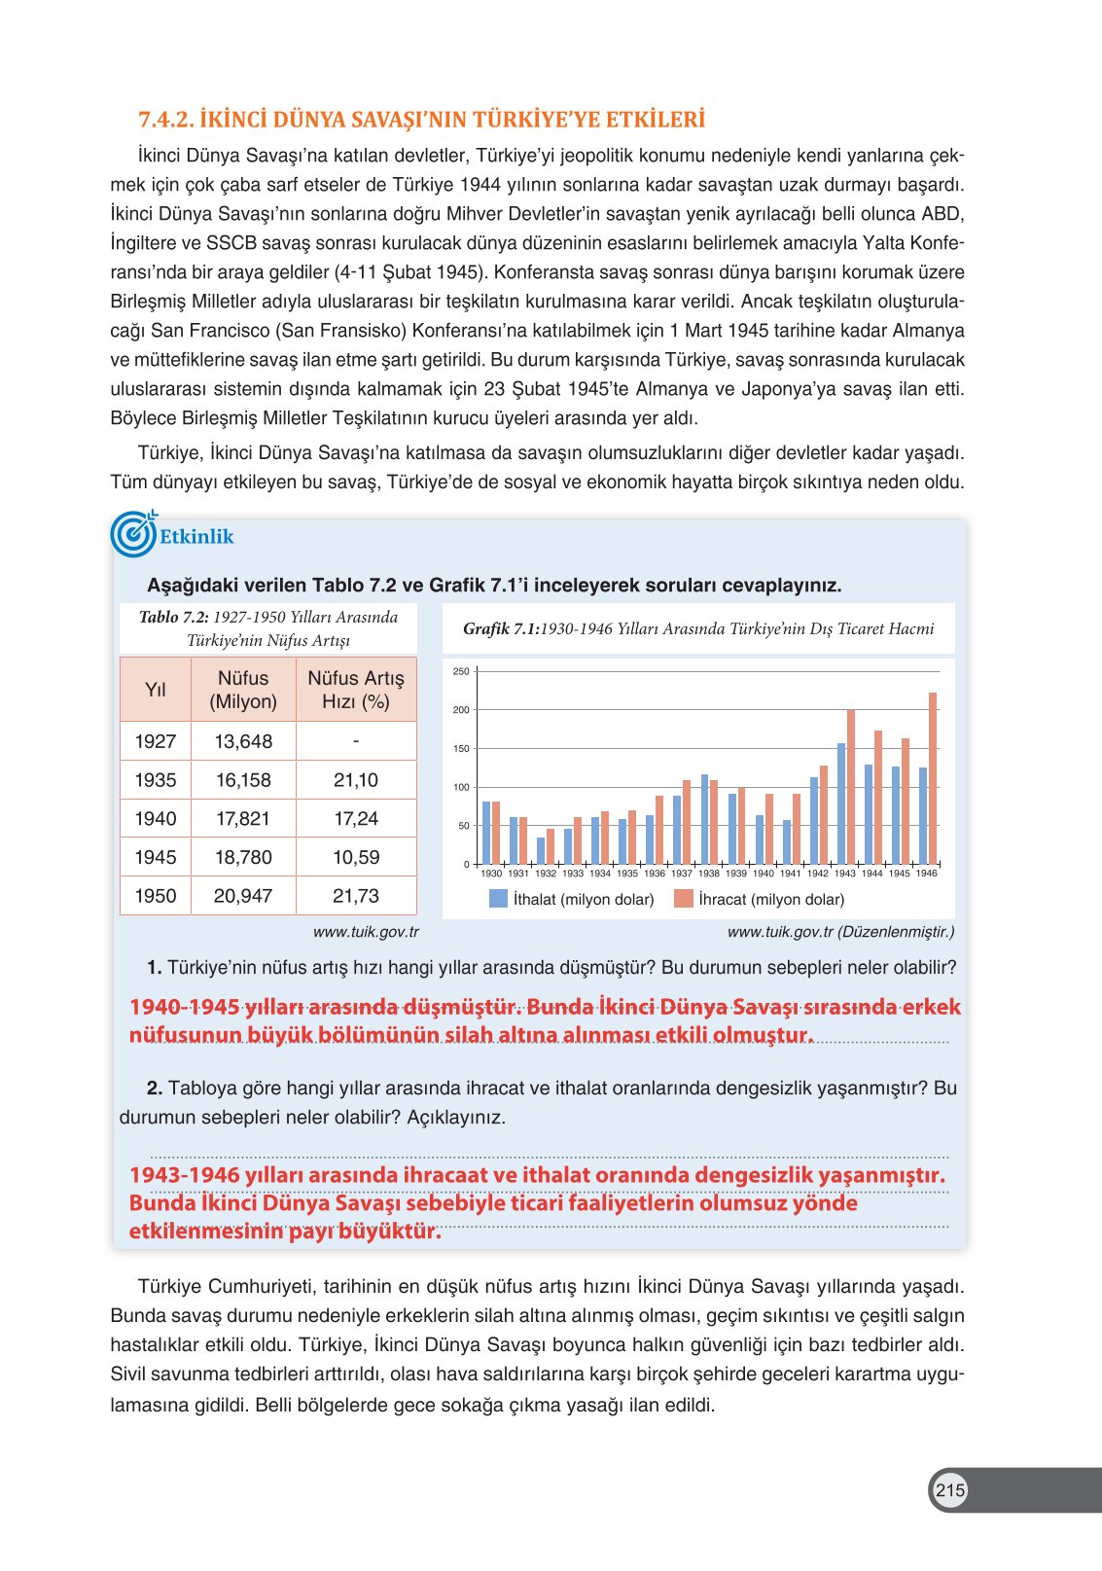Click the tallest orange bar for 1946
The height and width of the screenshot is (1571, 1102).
[x=933, y=778]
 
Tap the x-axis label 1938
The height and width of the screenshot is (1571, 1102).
[x=709, y=874]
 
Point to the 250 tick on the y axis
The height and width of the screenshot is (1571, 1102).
[x=461, y=672]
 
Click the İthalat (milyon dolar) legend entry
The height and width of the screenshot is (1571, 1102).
[x=571, y=900]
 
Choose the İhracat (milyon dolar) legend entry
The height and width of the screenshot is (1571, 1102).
[x=759, y=900]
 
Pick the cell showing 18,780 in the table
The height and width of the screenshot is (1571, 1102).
[x=243, y=857]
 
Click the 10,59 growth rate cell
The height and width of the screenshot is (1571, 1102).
[x=356, y=857]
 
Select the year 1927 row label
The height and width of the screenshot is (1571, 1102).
[x=156, y=741]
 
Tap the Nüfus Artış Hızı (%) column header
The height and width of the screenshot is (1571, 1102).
[x=356, y=690]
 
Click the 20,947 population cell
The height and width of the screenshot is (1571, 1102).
[x=243, y=896]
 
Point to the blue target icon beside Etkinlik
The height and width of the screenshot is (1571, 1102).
[x=132, y=534]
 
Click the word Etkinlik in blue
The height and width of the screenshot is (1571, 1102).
[x=196, y=537]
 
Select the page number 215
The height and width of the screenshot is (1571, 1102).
[x=950, y=1490]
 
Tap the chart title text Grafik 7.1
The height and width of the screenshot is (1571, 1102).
[x=501, y=629]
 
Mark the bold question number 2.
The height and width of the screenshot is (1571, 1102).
[x=154, y=1089]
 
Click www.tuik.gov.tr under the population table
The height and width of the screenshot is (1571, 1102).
[x=366, y=932]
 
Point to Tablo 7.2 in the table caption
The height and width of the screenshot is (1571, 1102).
[x=173, y=618]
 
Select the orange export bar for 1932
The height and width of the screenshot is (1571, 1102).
[x=551, y=846]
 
